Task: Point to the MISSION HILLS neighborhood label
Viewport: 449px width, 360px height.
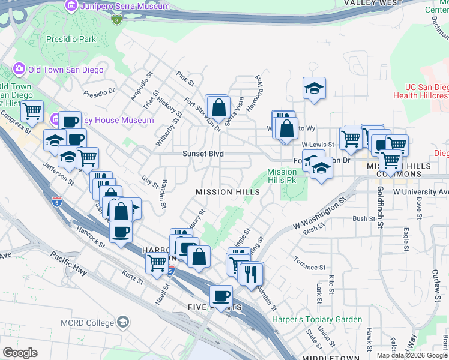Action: pos(228,192)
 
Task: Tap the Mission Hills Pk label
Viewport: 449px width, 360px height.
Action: pos(282,176)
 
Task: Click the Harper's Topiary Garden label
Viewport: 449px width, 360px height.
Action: pos(317,320)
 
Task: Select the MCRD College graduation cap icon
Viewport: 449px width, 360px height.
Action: pos(124,322)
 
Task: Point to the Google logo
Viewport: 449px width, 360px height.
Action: pos(20,353)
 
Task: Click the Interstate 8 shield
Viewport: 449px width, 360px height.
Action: pos(116,20)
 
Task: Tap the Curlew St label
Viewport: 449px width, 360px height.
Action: pos(436,281)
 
